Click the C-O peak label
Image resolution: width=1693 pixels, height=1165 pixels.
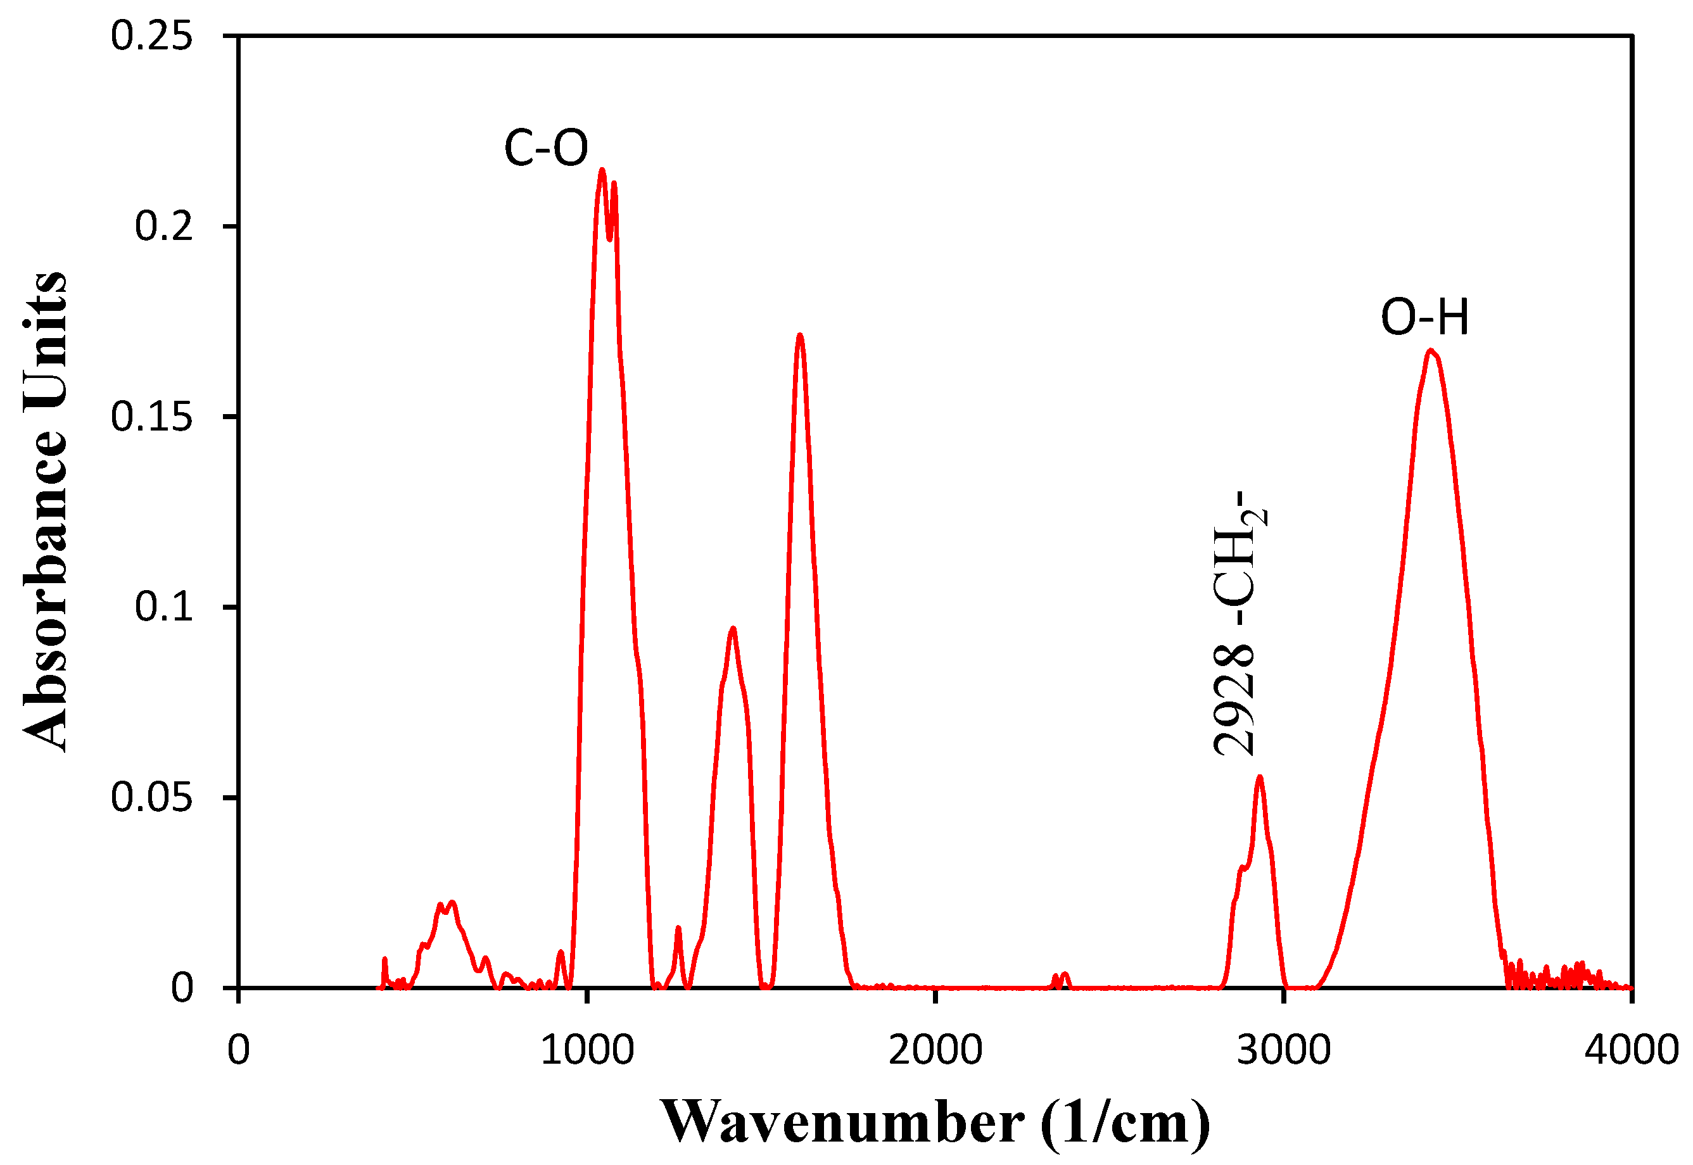[545, 148]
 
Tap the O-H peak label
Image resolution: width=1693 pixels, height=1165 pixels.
[1424, 318]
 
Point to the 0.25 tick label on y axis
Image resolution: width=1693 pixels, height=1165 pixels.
[152, 35]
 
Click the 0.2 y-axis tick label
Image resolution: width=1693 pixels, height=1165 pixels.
[164, 226]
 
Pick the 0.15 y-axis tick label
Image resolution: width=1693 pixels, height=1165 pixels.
[152, 417]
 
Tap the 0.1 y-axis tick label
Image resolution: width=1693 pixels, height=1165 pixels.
[164, 607]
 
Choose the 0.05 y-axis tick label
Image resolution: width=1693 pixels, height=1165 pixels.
[152, 797]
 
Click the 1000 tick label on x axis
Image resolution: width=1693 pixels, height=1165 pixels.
[587, 1050]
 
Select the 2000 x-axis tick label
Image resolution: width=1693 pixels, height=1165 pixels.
[935, 1050]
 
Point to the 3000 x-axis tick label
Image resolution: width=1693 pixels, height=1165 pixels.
[1283, 1050]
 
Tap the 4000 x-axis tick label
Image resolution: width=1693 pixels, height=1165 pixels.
[1631, 1050]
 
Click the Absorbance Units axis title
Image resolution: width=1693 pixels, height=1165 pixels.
[45, 511]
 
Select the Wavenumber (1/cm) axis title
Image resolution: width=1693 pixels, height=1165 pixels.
[935, 1122]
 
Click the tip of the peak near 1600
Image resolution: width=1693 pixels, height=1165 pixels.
[800, 335]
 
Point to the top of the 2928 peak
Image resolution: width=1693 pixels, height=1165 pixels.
[1259, 777]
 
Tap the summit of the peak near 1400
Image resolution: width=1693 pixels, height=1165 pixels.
[732, 629]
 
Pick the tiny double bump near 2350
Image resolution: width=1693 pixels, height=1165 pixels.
[1060, 978]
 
